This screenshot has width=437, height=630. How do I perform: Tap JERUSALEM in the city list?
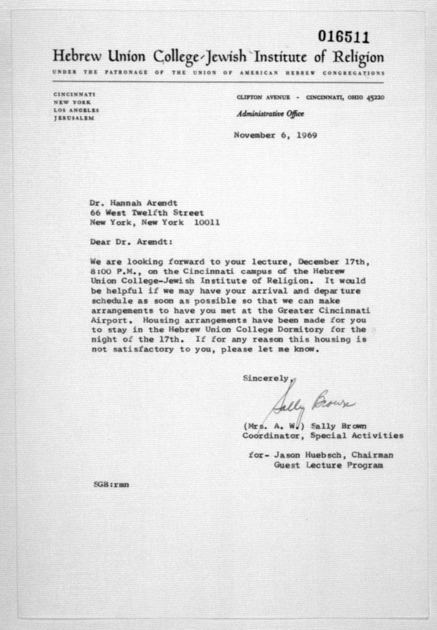pos(74,118)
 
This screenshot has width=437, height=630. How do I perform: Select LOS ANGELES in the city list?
pos(76,110)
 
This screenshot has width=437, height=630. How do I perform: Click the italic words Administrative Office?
pos(270,114)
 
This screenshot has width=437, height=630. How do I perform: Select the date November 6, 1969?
pos(275,135)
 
